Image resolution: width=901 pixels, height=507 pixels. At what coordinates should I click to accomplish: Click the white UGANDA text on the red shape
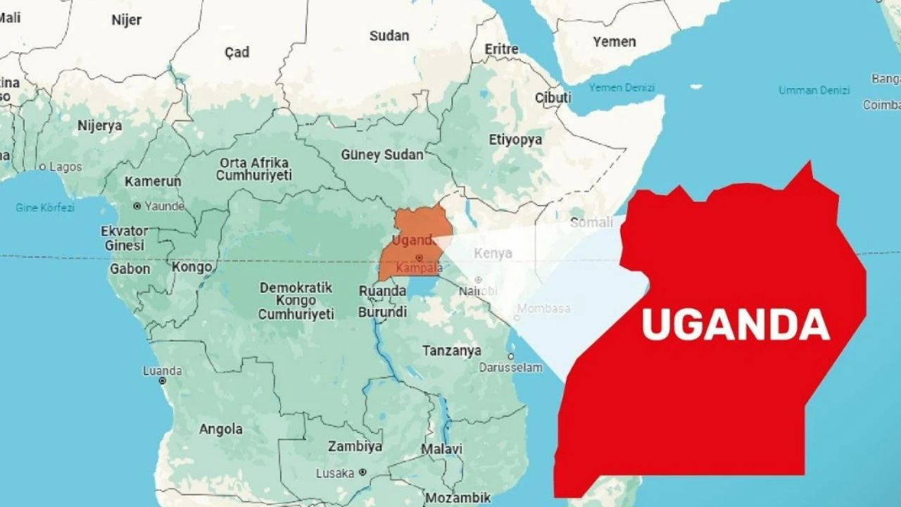pyautogui.click(x=736, y=325)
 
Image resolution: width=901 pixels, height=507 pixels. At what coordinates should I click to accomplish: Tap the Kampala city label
pyautogui.click(x=420, y=268)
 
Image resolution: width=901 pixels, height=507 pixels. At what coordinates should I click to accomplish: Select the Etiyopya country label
pyautogui.click(x=516, y=139)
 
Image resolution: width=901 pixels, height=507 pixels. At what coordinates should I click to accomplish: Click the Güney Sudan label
pyautogui.click(x=382, y=155)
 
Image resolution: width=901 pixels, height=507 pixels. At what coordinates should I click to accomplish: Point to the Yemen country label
pyautogui.click(x=614, y=42)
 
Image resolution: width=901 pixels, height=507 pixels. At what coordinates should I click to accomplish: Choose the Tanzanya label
pyautogui.click(x=452, y=350)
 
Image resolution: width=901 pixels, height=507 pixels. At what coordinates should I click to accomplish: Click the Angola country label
pyautogui.click(x=220, y=429)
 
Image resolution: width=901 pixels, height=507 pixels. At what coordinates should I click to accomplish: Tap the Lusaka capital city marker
pyautogui.click(x=363, y=472)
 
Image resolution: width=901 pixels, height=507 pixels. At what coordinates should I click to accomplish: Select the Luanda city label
pyautogui.click(x=163, y=370)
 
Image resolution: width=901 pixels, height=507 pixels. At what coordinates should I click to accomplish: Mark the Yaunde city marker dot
pyautogui.click(x=137, y=206)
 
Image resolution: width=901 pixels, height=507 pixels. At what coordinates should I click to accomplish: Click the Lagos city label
pyautogui.click(x=65, y=167)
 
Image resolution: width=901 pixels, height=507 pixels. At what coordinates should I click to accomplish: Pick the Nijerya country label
pyautogui.click(x=99, y=126)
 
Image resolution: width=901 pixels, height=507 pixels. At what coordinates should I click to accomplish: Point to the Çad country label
pyautogui.click(x=237, y=52)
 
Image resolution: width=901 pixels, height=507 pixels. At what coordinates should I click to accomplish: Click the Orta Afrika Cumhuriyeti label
pyautogui.click(x=253, y=169)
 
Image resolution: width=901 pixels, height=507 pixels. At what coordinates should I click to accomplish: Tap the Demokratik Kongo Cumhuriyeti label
pyautogui.click(x=296, y=301)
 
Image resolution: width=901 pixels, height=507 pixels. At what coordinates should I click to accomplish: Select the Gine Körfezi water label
pyautogui.click(x=45, y=208)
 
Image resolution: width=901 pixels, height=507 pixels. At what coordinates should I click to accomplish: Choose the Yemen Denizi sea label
pyautogui.click(x=622, y=87)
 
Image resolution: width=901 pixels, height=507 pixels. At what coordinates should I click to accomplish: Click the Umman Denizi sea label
pyautogui.click(x=814, y=90)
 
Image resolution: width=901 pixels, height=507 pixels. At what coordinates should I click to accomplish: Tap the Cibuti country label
pyautogui.click(x=553, y=98)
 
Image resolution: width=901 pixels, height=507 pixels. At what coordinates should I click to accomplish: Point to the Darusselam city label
pyautogui.click(x=510, y=367)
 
